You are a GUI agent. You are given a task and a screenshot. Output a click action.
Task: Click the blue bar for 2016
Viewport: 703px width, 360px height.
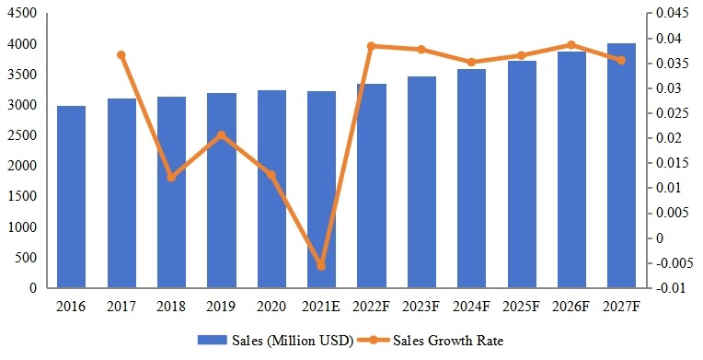(72, 197)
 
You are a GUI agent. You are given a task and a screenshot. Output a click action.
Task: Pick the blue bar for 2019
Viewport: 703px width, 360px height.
(222, 191)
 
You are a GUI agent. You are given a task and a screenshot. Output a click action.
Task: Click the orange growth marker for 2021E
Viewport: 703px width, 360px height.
(321, 266)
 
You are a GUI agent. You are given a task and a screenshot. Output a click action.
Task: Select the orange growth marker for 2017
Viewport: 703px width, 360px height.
(121, 55)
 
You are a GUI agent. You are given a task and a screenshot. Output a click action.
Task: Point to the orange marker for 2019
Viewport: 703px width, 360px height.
(222, 135)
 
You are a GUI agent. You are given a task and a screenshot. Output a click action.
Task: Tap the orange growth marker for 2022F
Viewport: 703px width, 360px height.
(371, 46)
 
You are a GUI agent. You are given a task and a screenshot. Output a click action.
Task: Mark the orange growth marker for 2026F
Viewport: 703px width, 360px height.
(571, 44)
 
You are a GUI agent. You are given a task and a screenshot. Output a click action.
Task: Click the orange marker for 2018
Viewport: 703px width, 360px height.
(171, 177)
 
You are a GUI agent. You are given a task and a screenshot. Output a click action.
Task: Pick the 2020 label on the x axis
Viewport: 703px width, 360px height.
(271, 305)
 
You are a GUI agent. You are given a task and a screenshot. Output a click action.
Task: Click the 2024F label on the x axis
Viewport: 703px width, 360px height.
(471, 305)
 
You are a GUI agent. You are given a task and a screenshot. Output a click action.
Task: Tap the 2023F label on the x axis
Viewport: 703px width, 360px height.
(421, 305)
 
